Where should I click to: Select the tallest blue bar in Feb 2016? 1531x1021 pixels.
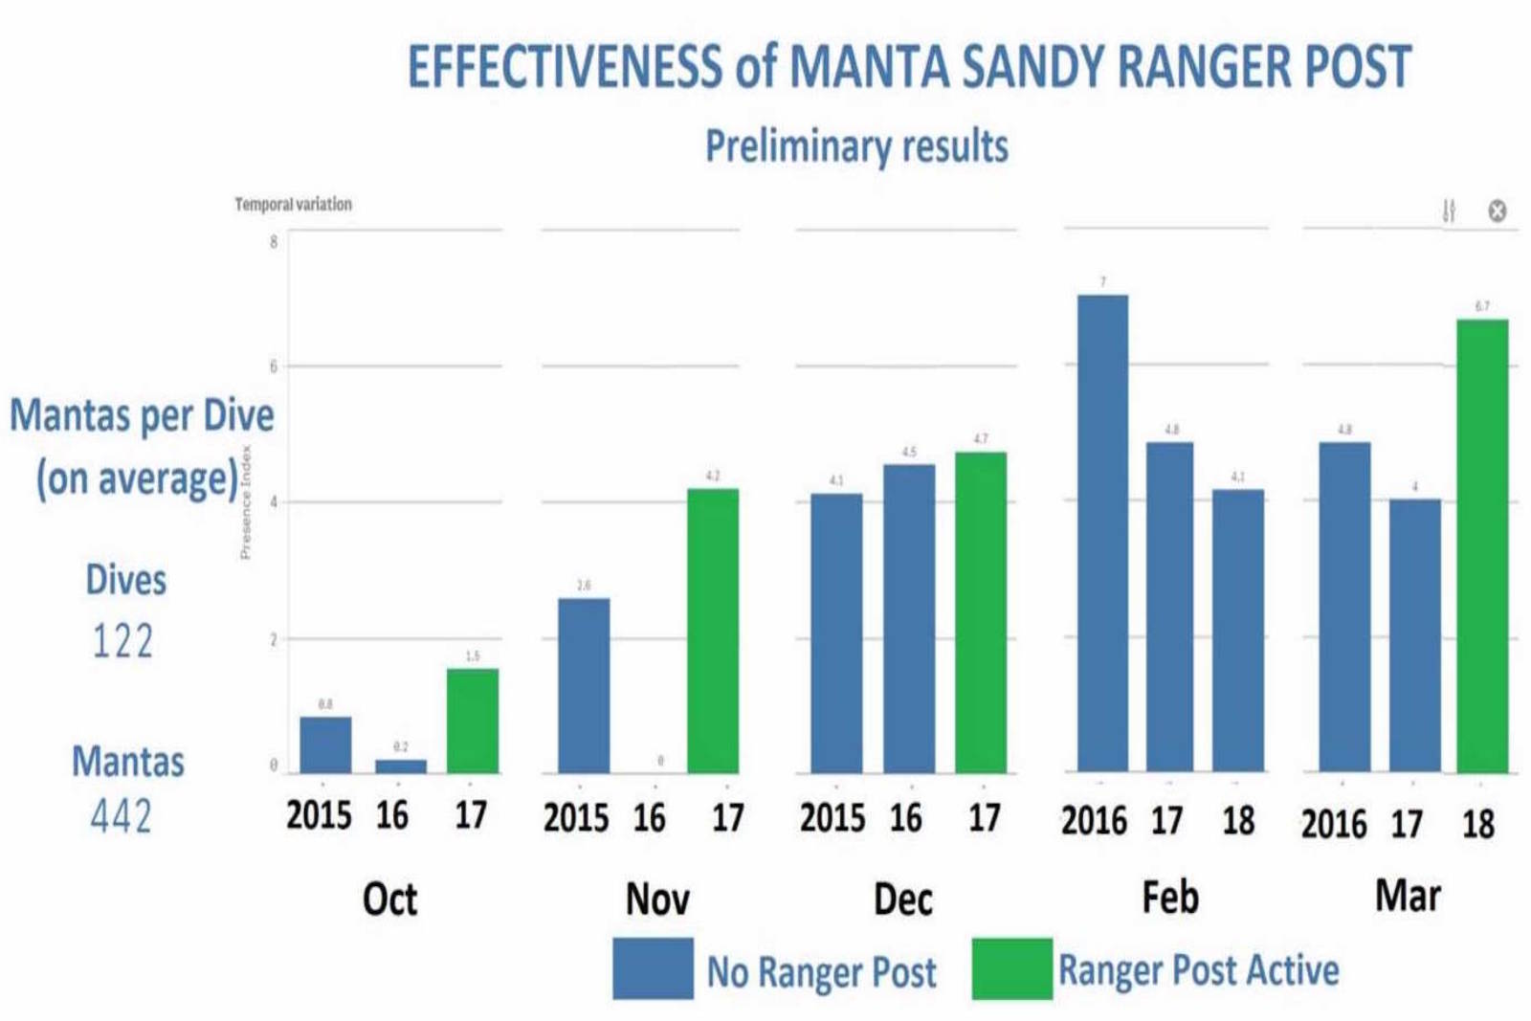(1102, 533)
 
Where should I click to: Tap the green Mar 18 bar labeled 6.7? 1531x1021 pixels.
(1482, 545)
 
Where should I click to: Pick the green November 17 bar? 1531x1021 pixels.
(713, 631)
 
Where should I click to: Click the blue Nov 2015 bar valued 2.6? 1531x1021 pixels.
(584, 685)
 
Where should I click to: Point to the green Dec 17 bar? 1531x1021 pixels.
(981, 612)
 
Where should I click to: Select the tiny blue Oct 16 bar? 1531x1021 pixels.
(401, 766)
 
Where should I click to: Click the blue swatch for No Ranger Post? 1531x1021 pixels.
(653, 968)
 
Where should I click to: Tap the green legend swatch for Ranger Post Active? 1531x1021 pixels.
(1011, 968)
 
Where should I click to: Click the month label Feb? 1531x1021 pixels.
(1169, 898)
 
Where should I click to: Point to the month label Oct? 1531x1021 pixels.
(389, 899)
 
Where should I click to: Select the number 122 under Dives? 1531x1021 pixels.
(122, 641)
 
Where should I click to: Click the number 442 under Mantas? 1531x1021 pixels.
(122, 817)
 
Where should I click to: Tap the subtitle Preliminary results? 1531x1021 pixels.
(856, 146)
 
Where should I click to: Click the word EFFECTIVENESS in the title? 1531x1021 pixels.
(565, 67)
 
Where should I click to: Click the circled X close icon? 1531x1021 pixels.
(1498, 211)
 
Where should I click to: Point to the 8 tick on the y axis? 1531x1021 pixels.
(274, 241)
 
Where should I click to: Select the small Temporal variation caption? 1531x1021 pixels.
(293, 204)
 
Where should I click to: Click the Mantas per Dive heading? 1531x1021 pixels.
(142, 415)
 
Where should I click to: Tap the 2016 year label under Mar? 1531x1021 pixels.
(1333, 823)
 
